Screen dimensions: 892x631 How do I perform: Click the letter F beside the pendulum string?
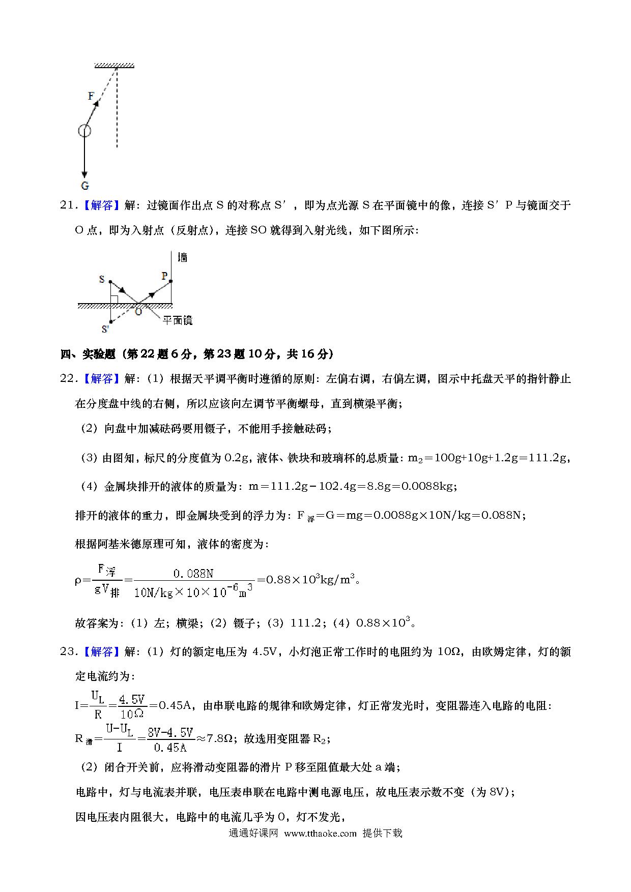[x=91, y=96]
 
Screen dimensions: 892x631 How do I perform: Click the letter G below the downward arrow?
[x=84, y=185]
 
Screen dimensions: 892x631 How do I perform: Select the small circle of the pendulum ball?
[x=84, y=131]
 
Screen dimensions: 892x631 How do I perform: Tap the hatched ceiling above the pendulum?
[x=114, y=65]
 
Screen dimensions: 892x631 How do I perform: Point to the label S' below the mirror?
[x=105, y=329]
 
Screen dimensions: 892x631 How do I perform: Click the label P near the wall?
[x=164, y=276]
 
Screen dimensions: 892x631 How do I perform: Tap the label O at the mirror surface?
[x=138, y=312]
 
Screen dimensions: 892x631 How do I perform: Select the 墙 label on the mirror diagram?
[x=182, y=258]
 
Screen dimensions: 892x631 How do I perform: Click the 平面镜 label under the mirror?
[x=177, y=320]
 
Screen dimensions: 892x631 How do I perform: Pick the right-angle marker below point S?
[x=114, y=300]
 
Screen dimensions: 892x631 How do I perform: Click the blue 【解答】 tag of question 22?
[x=101, y=379]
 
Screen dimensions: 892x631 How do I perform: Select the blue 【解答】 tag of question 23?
[x=101, y=651]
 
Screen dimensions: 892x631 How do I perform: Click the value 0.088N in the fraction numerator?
[x=193, y=574]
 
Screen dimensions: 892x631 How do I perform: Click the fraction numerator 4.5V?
[x=132, y=700]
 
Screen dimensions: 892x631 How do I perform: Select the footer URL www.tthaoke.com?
[x=320, y=833]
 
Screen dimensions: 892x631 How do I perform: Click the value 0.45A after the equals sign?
[x=175, y=706]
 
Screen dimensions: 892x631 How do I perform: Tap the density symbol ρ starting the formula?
[x=78, y=580]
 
